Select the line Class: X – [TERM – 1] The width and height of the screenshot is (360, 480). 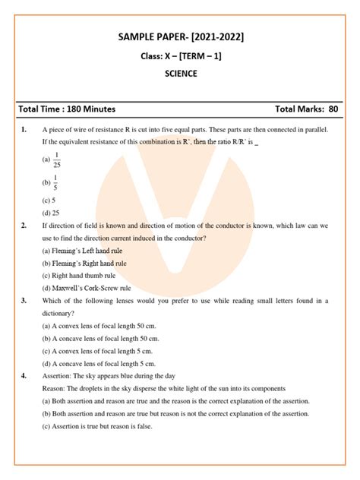tap(180, 56)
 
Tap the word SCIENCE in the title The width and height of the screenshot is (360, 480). tap(180, 74)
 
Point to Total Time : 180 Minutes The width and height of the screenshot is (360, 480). tap(68, 109)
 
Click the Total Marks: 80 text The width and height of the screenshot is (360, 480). tap(306, 109)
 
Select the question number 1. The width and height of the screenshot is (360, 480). tap(24, 130)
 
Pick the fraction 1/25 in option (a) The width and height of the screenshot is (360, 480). tap(56, 160)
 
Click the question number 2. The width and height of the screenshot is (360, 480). tap(24, 226)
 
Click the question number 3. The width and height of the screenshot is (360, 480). tap(24, 301)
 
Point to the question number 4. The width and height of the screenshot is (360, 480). tap(24, 376)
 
